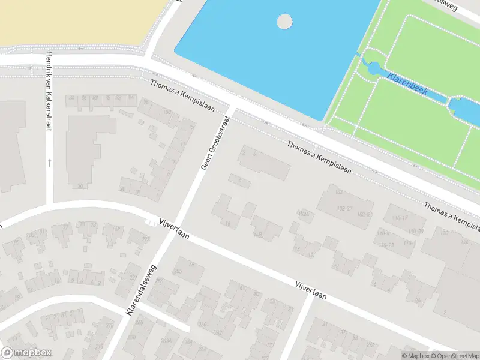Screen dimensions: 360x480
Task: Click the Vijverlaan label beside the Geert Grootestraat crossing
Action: (174, 229)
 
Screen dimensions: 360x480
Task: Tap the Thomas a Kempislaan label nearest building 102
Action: (318, 157)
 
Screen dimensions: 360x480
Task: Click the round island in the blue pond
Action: (284, 22)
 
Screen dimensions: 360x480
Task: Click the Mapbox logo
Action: (26, 353)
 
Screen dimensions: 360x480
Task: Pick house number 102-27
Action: (344, 209)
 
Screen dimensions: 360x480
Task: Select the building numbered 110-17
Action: (400, 217)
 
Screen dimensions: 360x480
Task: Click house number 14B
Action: (258, 235)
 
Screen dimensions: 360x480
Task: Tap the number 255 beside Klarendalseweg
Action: (178, 272)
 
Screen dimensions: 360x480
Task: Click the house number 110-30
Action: (416, 231)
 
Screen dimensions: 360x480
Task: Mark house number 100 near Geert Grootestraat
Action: (167, 112)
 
